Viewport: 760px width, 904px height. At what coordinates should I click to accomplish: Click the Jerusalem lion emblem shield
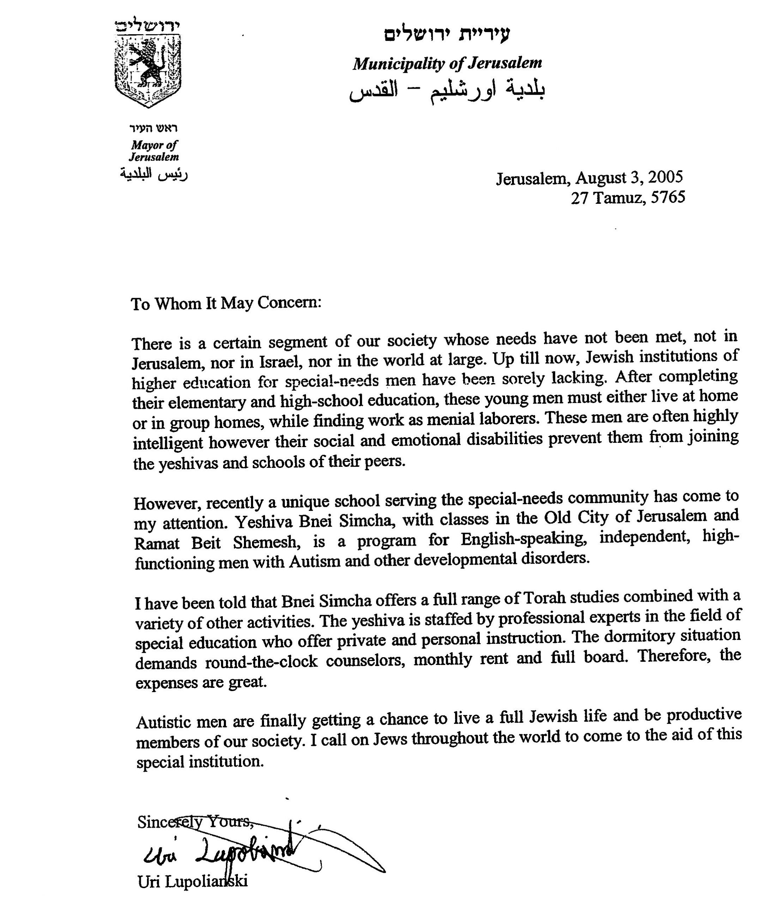coord(148,69)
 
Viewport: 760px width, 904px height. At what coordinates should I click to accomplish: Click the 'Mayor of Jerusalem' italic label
coord(154,151)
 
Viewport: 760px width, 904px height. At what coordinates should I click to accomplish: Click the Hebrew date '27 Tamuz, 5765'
coord(628,198)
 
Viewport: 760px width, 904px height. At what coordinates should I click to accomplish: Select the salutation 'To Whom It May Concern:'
coord(227,303)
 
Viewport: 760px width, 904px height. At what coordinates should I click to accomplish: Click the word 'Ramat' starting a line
coord(156,544)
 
